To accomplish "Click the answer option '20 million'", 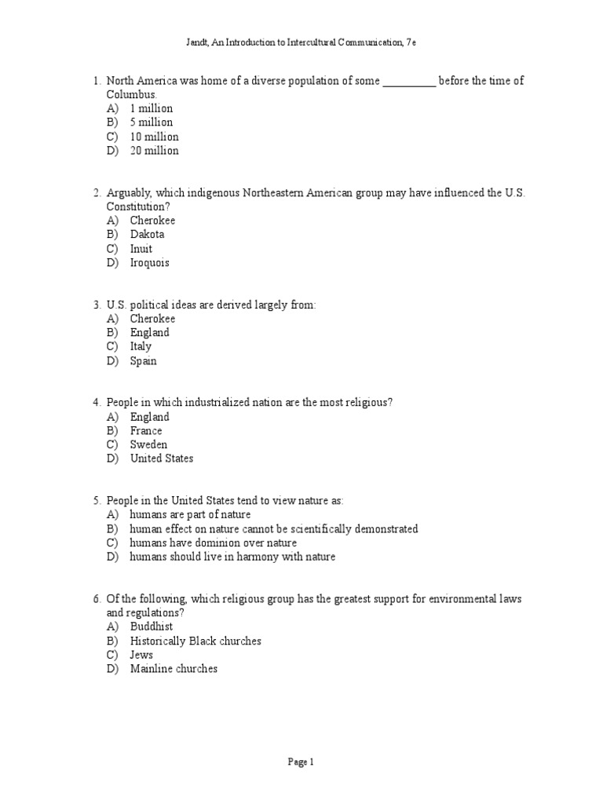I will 154,151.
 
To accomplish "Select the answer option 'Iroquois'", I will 149,263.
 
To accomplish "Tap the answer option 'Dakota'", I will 147,235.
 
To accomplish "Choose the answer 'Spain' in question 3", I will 143,361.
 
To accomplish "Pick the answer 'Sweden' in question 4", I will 148,445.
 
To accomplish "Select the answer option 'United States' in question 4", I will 161,459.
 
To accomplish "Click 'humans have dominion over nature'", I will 213,543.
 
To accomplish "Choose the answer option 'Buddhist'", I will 152,627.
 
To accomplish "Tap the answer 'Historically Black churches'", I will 196,641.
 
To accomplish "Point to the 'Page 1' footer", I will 301,762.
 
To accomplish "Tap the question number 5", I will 97,501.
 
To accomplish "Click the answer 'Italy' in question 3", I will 141,347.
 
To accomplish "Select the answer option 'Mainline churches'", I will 174,670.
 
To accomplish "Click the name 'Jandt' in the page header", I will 197,42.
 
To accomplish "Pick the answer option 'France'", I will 146,431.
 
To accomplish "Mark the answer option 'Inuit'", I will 141,249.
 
